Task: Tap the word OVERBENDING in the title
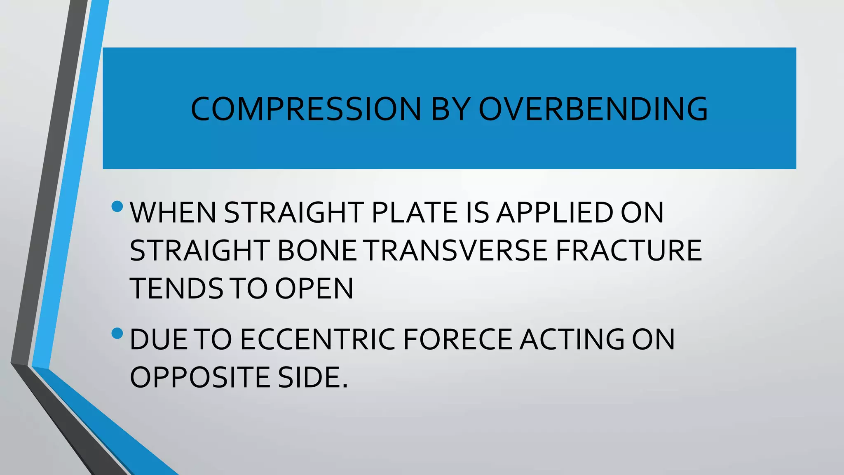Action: pos(593,109)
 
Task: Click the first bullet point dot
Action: pos(117,206)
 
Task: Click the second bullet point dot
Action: pos(117,333)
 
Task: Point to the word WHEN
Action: pos(173,213)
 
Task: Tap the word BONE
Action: pos(317,251)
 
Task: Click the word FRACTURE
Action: pos(628,251)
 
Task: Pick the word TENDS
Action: pos(176,289)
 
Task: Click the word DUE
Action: pos(159,340)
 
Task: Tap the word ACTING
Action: pos(572,340)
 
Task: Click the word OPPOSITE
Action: pos(200,378)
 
